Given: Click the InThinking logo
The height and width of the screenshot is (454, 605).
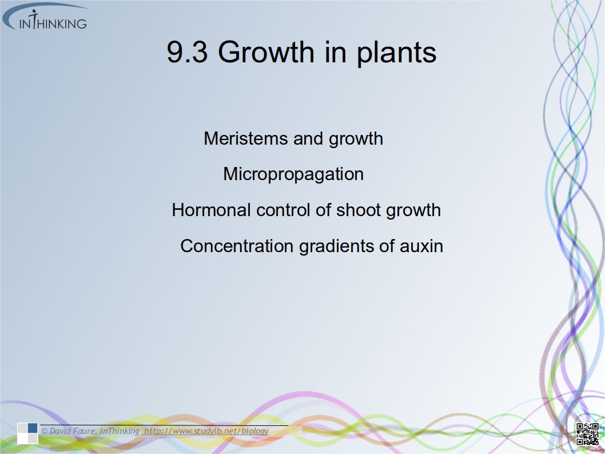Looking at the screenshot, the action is click(x=45, y=17).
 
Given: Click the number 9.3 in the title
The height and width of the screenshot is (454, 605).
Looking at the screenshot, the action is click(x=187, y=52).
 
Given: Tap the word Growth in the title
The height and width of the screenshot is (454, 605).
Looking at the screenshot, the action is click(x=266, y=51).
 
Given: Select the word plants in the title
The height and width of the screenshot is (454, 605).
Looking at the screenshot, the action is click(x=396, y=53).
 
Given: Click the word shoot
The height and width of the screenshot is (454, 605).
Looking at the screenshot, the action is click(x=359, y=210).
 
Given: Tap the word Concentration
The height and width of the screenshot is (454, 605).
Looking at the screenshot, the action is click(x=237, y=246).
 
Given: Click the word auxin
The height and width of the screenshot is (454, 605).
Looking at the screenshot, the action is click(x=421, y=246).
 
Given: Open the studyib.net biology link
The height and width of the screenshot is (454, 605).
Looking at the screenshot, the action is click(x=206, y=431).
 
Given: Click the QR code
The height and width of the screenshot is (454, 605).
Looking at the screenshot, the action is click(x=587, y=434).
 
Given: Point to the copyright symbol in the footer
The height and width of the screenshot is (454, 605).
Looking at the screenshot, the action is click(x=45, y=431).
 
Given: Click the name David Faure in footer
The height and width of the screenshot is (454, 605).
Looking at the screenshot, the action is click(x=73, y=431).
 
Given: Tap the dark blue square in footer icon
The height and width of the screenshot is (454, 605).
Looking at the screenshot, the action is click(x=33, y=428).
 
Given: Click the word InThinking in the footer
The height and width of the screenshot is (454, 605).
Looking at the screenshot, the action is click(x=120, y=431).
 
